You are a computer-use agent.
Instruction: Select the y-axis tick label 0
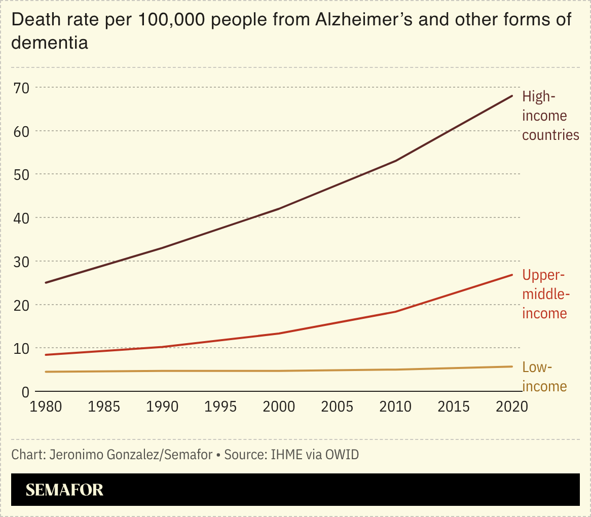pos(25,392)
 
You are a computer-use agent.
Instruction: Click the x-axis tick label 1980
pos(46,407)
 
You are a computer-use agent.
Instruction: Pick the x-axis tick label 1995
pos(221,407)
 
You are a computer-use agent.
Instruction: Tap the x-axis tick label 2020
pos(512,407)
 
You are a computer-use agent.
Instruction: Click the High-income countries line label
pos(550,116)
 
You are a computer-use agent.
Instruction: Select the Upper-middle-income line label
pos(545,294)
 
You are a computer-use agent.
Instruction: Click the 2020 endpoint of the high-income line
pos(512,95)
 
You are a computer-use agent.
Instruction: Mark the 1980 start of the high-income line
pos(46,282)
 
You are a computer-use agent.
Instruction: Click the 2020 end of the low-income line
pos(512,366)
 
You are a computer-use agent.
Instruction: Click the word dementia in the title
pos(50,43)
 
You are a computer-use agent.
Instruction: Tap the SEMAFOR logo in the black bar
pos(64,490)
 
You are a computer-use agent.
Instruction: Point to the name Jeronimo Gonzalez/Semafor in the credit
pos(131,455)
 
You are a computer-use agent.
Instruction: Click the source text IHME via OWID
pos(314,455)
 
